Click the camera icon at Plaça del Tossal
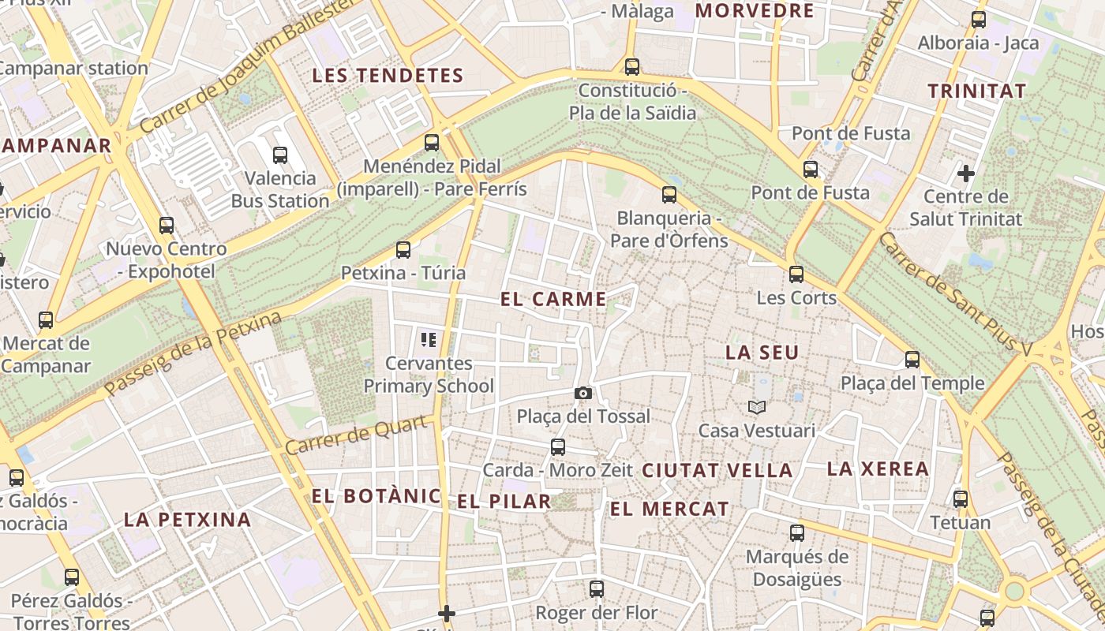point(582,393)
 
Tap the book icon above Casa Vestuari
point(757,408)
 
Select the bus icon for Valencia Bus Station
point(279,155)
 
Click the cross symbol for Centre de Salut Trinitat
point(965,173)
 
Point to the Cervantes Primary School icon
point(429,340)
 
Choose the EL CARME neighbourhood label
point(553,299)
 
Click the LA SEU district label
point(762,353)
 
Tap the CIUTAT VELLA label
point(717,471)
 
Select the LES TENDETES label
point(388,76)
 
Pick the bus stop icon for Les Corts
point(796,274)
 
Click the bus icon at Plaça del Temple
point(912,360)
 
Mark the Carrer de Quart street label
point(360,435)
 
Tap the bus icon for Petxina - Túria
point(403,250)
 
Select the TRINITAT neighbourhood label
point(976,91)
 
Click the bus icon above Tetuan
point(960,499)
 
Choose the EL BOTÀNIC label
point(376,496)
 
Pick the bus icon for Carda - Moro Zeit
point(558,447)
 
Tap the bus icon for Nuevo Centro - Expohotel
point(166,226)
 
